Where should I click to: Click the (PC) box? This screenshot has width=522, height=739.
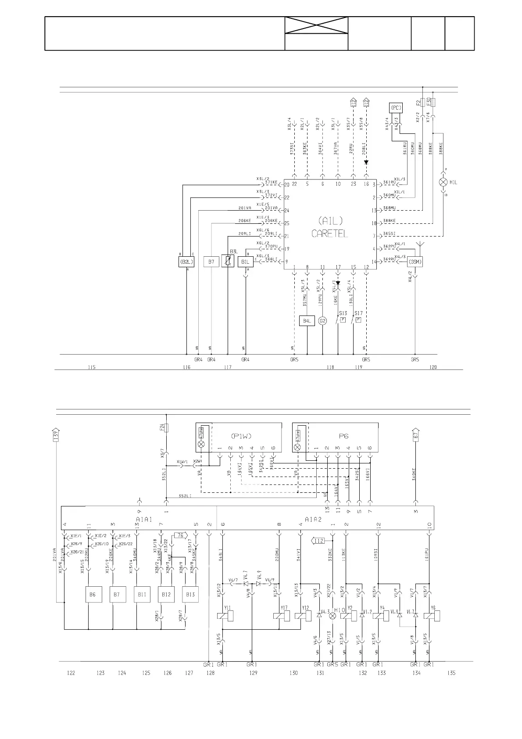pos(396,108)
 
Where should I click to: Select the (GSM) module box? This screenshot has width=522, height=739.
pos(415,262)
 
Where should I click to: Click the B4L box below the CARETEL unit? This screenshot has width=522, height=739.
pos(307,321)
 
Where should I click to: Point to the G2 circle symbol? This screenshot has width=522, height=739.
pos(323,321)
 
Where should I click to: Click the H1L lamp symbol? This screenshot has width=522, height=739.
pos(443,182)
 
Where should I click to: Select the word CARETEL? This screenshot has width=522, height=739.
pos(329,233)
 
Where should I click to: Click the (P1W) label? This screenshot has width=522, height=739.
pos(241,436)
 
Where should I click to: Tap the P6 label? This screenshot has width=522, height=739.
pos(343,436)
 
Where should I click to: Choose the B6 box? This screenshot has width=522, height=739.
pos(93,595)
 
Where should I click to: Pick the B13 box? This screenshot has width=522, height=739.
pos(190,595)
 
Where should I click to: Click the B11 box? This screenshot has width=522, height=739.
pos(142,595)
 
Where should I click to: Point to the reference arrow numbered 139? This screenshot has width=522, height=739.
pos(56,434)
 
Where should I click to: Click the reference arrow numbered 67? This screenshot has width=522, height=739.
pos(415,434)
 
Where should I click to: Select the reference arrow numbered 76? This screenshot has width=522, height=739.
pos(180,535)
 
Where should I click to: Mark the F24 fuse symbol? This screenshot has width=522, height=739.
pos(166,427)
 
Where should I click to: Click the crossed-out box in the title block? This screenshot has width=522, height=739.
pos(316,25)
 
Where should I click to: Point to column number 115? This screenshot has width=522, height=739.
pos(91,367)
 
